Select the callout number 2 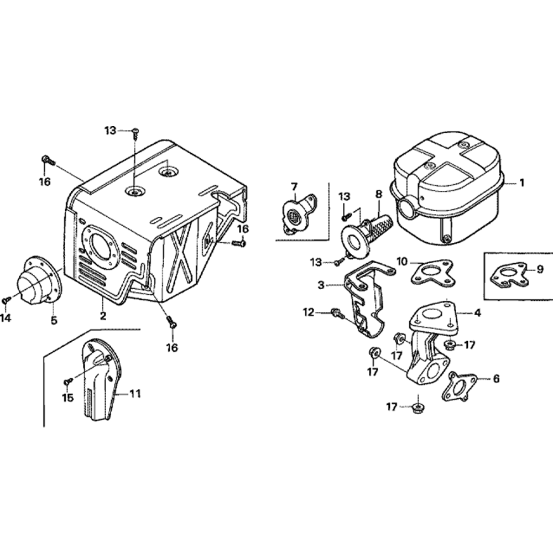103,316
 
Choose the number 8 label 379,194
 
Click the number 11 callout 135,394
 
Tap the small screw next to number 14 6,299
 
